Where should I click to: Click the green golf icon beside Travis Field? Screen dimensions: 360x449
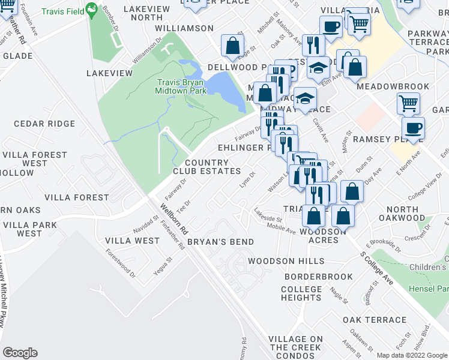pyautogui.click(x=91, y=9)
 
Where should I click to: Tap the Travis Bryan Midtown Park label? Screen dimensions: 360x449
pyautogui.click(x=181, y=86)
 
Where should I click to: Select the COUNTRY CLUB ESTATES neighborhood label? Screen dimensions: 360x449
pyautogui.click(x=207, y=167)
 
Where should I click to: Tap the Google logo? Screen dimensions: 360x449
pyautogui.click(x=20, y=353)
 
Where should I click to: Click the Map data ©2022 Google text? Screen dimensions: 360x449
pyautogui.click(x=411, y=355)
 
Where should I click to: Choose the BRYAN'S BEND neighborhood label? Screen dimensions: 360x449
pyautogui.click(x=220, y=241)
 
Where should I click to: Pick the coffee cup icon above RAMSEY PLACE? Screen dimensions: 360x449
pyautogui.click(x=413, y=128)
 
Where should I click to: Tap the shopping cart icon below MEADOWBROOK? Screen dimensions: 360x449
pyautogui.click(x=408, y=103)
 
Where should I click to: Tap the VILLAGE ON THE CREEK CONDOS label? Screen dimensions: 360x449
pyautogui.click(x=295, y=347)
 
